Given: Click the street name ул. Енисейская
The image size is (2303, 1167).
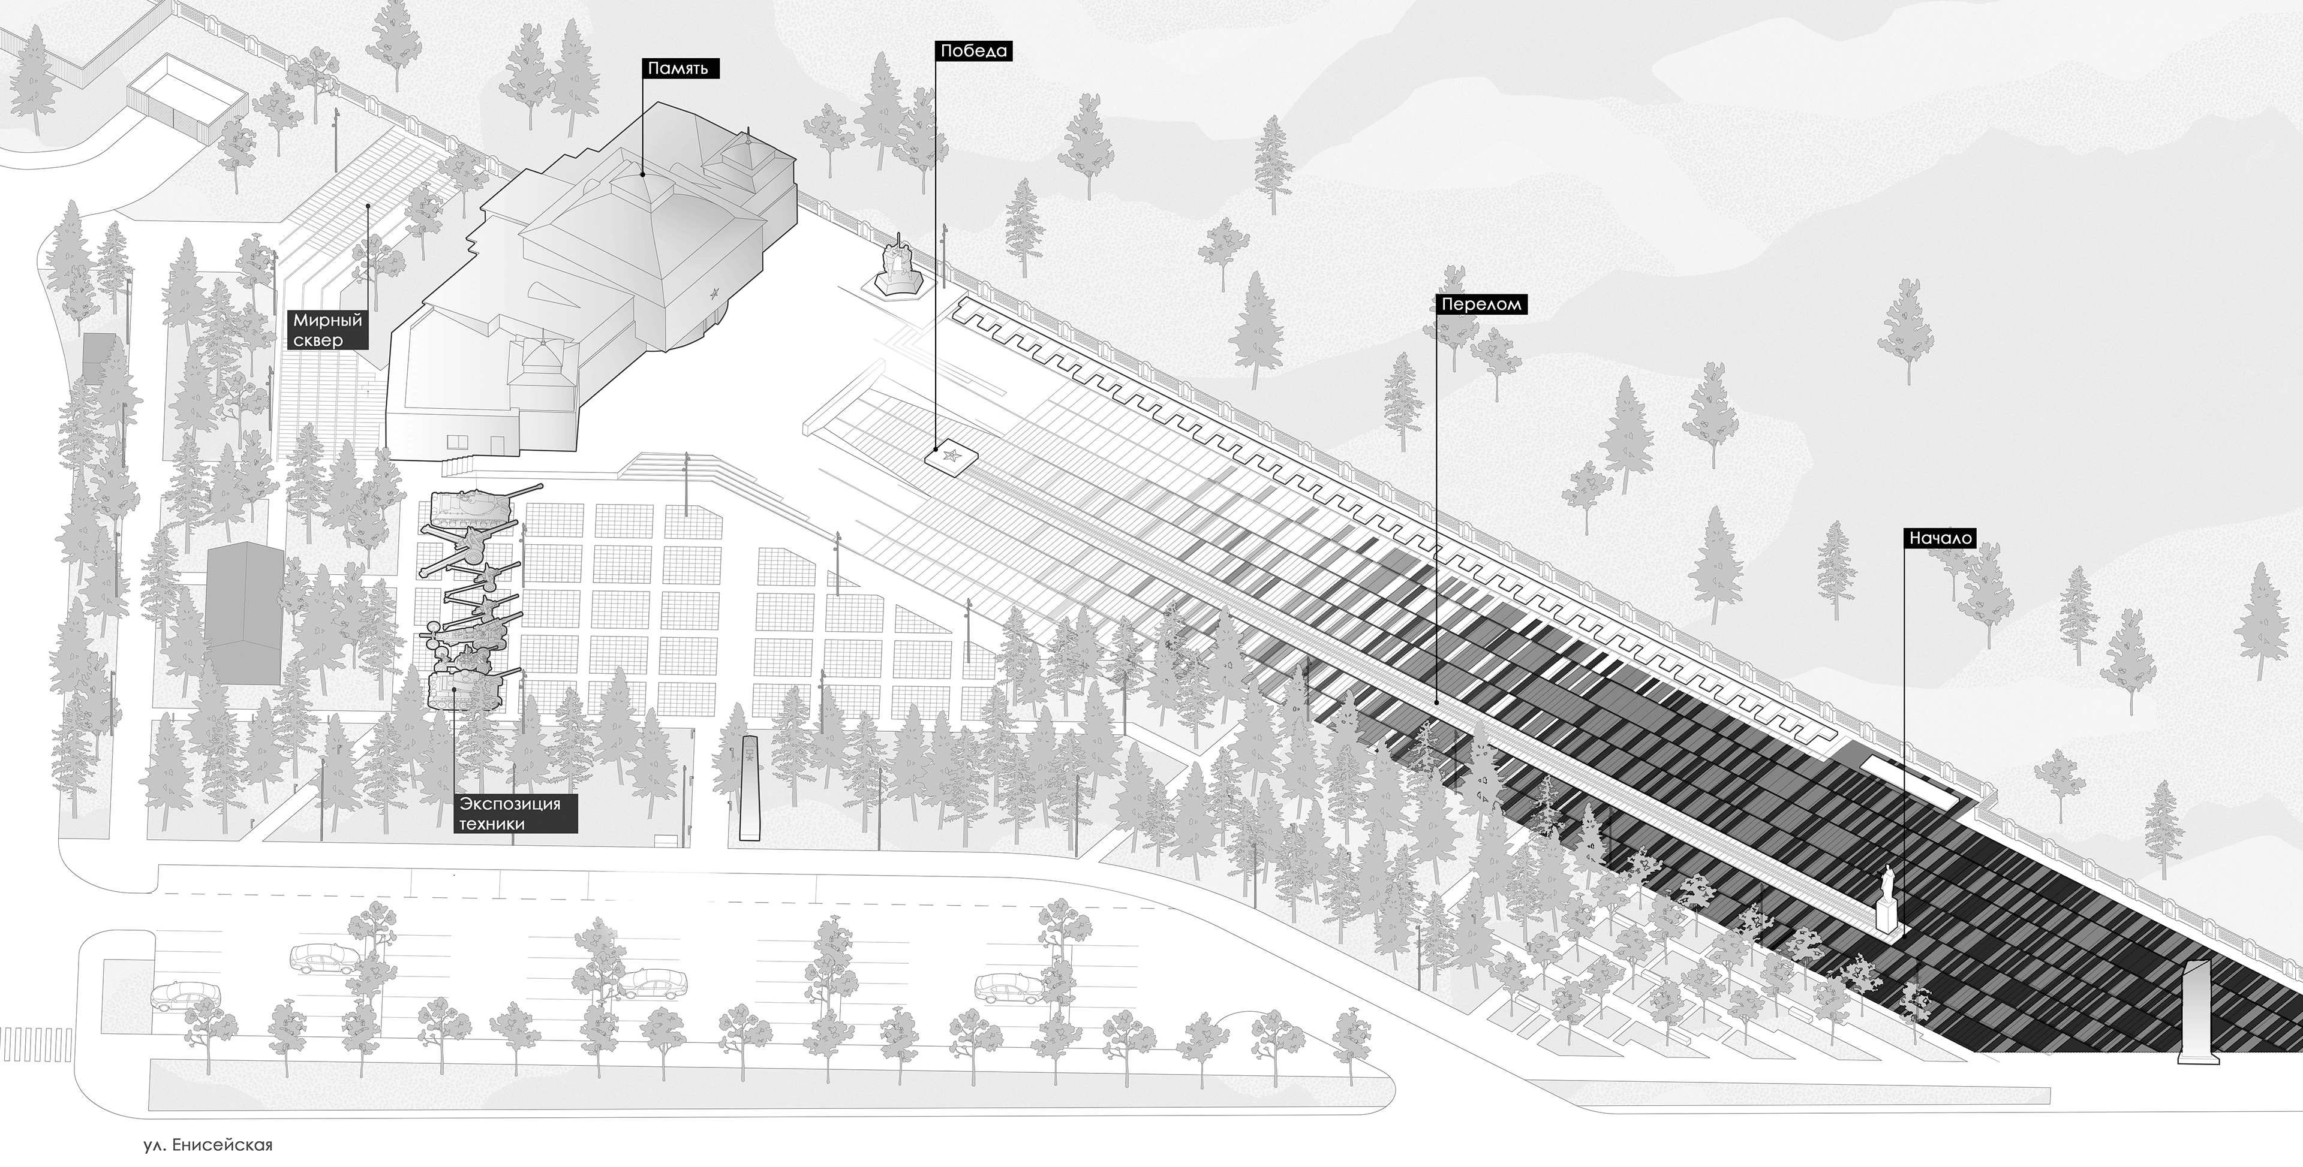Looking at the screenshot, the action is tap(208, 1145).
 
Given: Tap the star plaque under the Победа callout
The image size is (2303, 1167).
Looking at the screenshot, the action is tap(951, 459).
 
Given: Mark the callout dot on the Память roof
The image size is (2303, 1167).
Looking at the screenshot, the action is tap(642, 174).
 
